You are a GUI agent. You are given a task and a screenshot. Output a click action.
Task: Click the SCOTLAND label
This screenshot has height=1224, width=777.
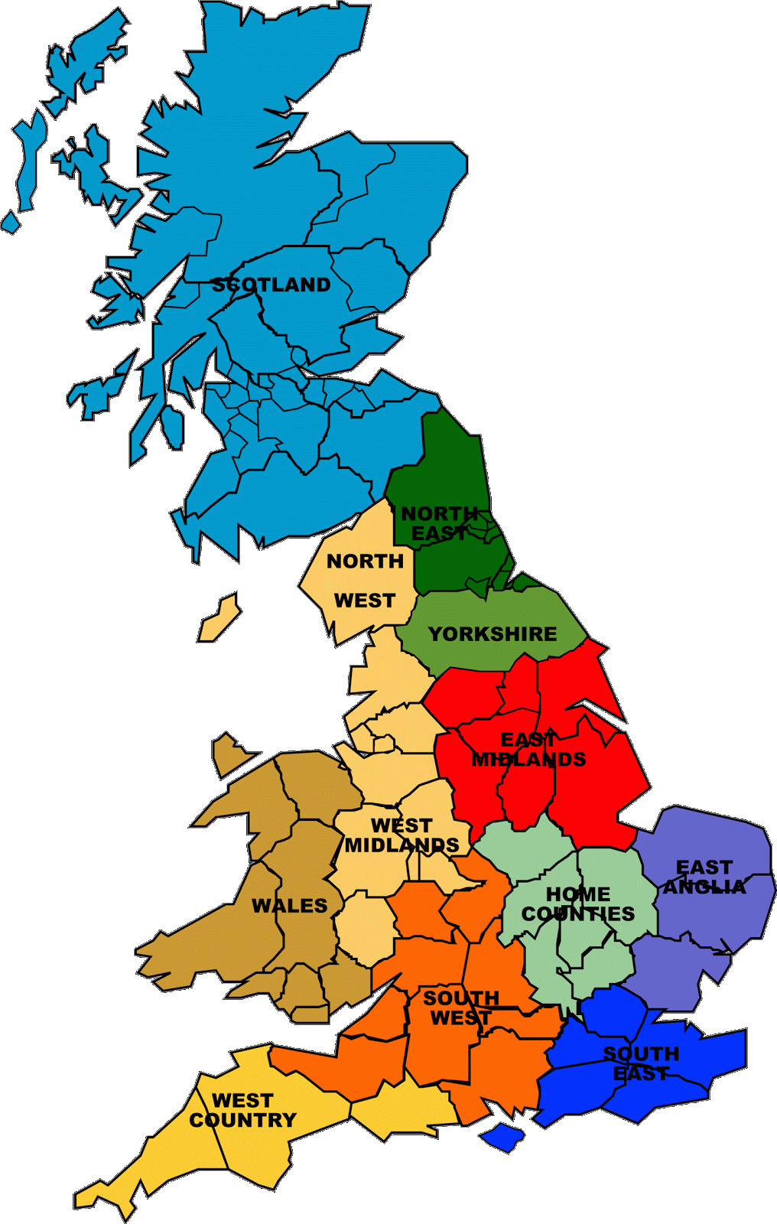click(x=271, y=285)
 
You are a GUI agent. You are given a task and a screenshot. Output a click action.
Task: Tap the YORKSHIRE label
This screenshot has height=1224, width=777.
click(x=493, y=634)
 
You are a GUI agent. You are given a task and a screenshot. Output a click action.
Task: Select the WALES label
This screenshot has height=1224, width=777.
click(x=289, y=906)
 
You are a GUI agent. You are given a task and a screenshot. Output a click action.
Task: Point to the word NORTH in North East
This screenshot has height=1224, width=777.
click(x=440, y=513)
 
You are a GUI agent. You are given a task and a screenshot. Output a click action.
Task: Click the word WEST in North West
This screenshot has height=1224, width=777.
click(x=365, y=601)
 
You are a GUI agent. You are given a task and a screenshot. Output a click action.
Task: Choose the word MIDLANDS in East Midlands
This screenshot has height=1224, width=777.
click(x=528, y=760)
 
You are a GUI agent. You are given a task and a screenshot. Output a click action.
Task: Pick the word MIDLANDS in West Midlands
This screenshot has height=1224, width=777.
click(x=402, y=845)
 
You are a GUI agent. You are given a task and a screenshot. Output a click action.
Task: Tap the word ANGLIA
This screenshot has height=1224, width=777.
click(x=704, y=887)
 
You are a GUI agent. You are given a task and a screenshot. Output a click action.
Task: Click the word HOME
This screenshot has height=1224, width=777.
click(x=578, y=894)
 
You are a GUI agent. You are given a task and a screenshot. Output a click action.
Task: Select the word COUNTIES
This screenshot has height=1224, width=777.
click(x=578, y=913)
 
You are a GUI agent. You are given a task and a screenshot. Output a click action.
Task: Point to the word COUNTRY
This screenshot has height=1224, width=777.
click(x=242, y=1120)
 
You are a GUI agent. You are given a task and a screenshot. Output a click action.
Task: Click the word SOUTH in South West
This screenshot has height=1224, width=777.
click(x=461, y=998)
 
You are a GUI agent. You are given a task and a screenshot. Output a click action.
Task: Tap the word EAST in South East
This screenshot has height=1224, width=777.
click(x=641, y=1073)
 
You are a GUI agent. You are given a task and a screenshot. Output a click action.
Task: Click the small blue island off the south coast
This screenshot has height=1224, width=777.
click(x=503, y=1136)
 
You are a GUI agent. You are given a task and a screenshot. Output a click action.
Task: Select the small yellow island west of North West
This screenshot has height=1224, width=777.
click(x=220, y=618)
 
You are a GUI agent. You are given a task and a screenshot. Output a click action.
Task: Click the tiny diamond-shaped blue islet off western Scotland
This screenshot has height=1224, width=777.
click(x=11, y=223)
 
